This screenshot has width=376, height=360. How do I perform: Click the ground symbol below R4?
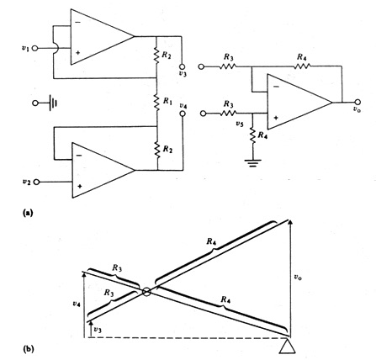[x=251, y=162]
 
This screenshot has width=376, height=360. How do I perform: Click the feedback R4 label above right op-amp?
[x=300, y=57]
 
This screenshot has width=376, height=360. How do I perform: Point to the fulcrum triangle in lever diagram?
[x=288, y=344]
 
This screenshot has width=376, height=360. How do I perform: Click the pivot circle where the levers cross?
[x=147, y=293]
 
